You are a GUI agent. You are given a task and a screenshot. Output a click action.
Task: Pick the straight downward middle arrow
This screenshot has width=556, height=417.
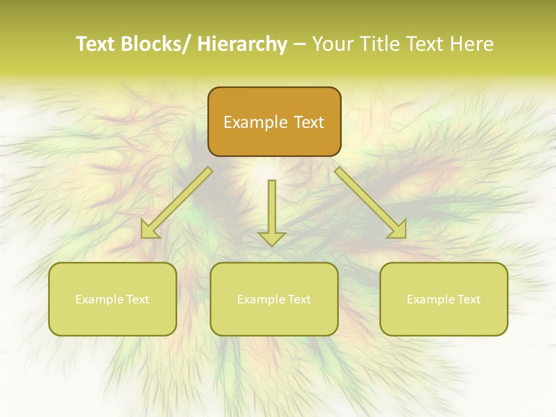point(272,209)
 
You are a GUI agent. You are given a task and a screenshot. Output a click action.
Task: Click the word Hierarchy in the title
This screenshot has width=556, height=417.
point(242,44)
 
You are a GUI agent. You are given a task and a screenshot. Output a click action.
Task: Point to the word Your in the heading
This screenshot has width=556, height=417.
point(334,44)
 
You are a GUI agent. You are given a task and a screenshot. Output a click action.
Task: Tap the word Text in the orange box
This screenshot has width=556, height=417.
point(308,122)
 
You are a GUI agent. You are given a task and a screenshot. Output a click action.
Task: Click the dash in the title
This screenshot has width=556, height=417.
point(299,44)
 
